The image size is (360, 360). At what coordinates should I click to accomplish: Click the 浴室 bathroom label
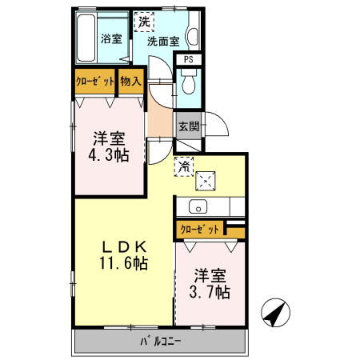[110, 38]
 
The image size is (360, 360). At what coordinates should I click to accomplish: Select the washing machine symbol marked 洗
[143, 21]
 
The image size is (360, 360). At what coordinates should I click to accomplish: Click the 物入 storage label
[131, 81]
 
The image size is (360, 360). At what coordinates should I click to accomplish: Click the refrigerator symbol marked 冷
[184, 167]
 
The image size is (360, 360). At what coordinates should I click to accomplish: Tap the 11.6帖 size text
[123, 262]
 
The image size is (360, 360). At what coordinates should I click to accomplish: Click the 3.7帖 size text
[210, 292]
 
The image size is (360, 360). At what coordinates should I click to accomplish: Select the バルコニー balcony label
[160, 342]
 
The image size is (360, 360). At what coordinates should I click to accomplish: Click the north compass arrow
[275, 311]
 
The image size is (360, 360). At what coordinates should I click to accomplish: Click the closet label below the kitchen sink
[200, 229]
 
